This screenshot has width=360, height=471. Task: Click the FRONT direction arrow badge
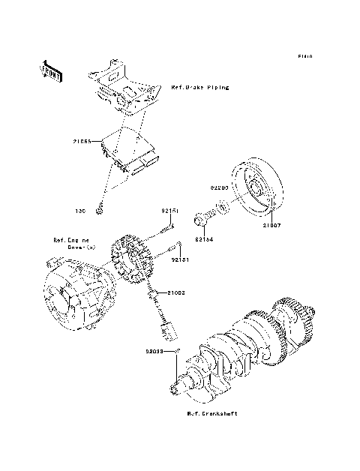pyautogui.click(x=51, y=69)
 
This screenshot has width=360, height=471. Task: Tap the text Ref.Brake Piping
pyautogui.click(x=199, y=88)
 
